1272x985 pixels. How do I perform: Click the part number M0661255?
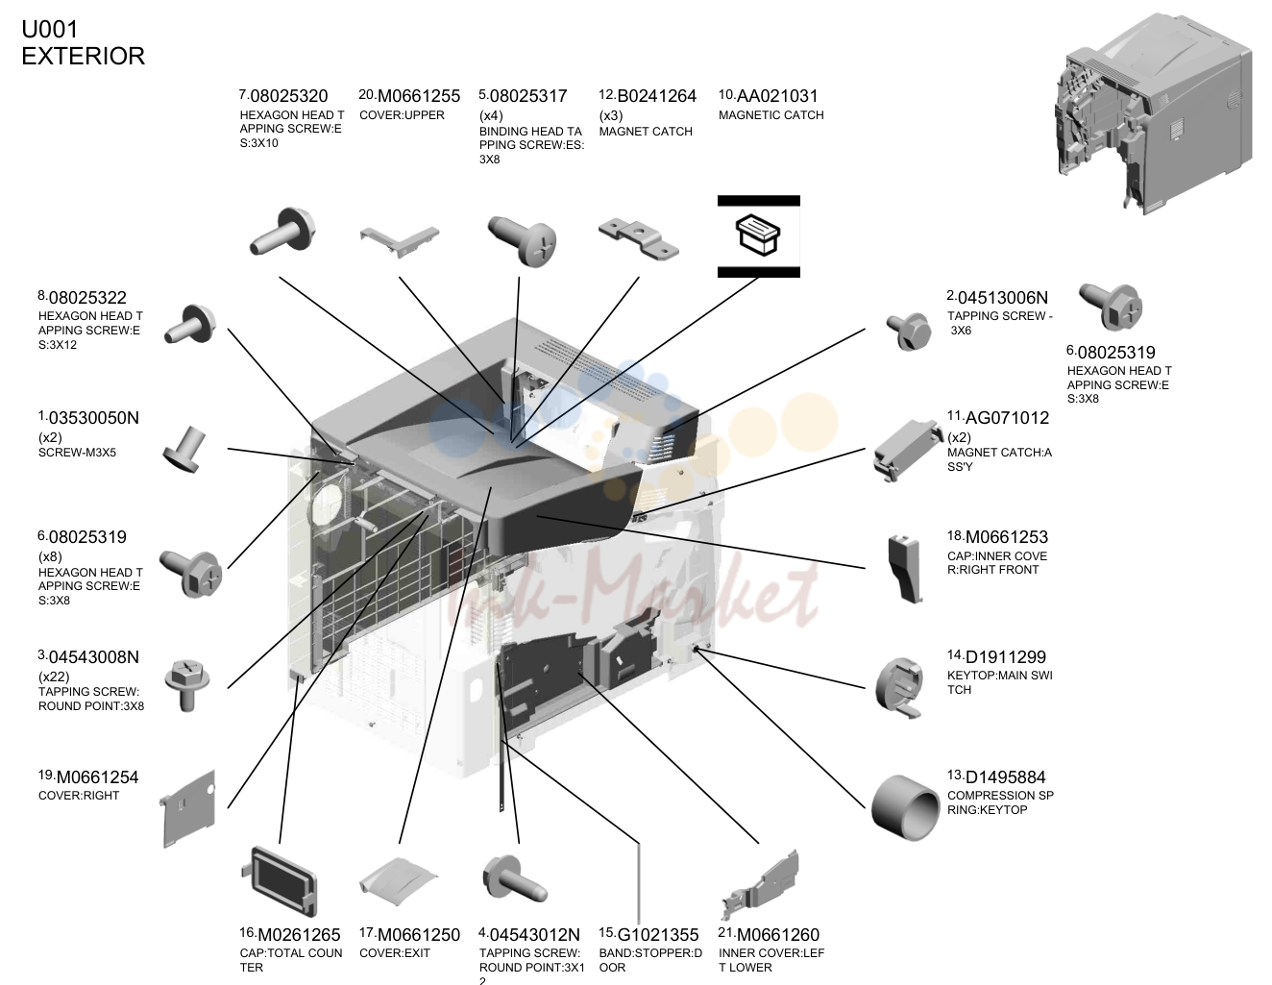tap(419, 96)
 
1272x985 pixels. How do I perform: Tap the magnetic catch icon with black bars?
tap(759, 235)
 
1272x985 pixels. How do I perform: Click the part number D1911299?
tap(1005, 657)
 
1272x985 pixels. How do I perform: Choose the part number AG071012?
tap(1007, 418)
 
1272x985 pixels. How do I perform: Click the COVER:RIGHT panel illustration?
tap(187, 808)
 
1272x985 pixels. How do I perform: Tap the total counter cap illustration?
tap(280, 881)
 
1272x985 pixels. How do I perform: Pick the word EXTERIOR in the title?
tap(84, 56)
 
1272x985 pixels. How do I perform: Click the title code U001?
tap(50, 29)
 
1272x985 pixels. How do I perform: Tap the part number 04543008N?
tap(93, 657)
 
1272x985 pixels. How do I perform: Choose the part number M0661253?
tap(1006, 536)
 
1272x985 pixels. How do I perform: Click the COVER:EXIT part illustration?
tap(399, 881)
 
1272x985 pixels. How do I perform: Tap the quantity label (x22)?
tap(54, 677)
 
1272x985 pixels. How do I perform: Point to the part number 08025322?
tap(87, 298)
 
